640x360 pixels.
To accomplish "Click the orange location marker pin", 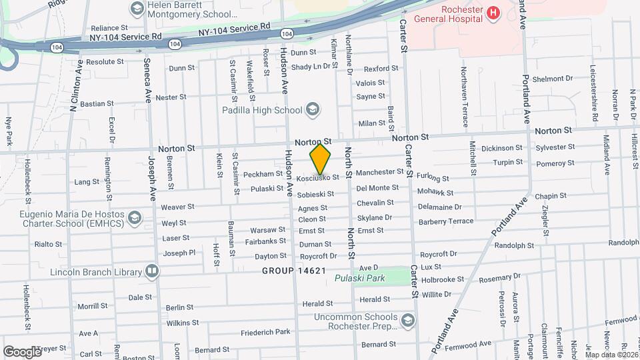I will pyautogui.click(x=321, y=159).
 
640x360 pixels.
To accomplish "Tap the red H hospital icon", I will pyautogui.click(x=493, y=13).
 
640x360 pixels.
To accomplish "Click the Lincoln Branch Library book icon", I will pyautogui.click(x=152, y=272).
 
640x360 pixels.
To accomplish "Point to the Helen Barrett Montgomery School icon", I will pyautogui.click(x=137, y=9).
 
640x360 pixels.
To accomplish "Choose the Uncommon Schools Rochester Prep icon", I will pyautogui.click(x=407, y=322).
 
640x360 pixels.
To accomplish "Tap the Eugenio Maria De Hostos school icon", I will pyautogui.click(x=135, y=217).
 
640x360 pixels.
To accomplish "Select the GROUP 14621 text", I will pyautogui.click(x=294, y=271).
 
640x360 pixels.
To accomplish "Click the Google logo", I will pyautogui.click(x=22, y=351).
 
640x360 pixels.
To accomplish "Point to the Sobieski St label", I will pyautogui.click(x=315, y=194).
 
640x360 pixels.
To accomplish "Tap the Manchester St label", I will pyautogui.click(x=379, y=172).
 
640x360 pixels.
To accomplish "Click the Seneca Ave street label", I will pyautogui.click(x=147, y=81).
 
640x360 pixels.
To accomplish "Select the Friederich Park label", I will pyautogui.click(x=265, y=331).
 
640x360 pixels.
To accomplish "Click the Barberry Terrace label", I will pyautogui.click(x=445, y=219).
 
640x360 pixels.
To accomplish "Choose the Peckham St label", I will pyautogui.click(x=263, y=174).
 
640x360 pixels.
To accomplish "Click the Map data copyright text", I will pyautogui.click(x=612, y=355).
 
